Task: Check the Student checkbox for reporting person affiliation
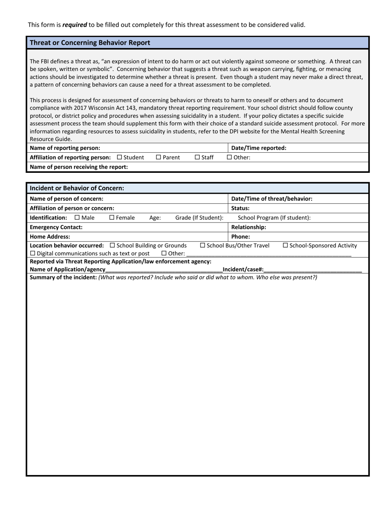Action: click(119, 157)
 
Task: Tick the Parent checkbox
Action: click(158, 157)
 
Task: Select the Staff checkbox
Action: click(197, 157)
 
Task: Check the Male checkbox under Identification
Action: click(77, 218)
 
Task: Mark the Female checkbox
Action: click(112, 218)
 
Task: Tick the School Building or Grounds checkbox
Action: click(112, 246)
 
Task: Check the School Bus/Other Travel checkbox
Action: click(202, 246)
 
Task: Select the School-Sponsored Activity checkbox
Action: click(286, 246)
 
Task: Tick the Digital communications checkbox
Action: click(33, 254)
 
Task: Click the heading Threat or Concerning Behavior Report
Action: click(90, 43)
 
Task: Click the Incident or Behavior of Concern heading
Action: click(77, 188)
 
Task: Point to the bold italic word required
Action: click(75, 25)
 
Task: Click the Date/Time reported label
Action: click(259, 148)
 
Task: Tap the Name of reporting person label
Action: click(65, 148)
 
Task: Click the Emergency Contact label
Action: click(56, 227)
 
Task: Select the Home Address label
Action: click(50, 236)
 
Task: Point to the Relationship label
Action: click(249, 227)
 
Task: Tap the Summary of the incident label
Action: click(63, 277)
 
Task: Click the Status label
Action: click(241, 208)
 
